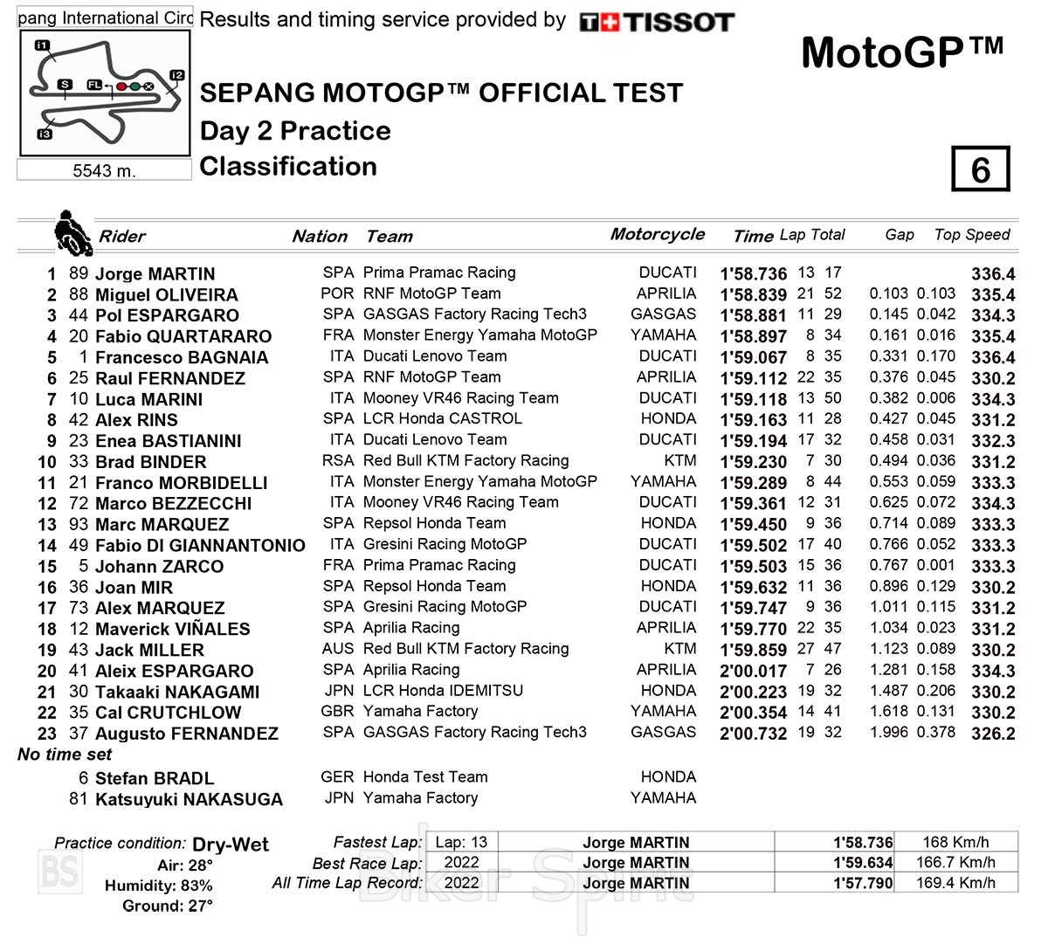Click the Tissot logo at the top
[x=657, y=22]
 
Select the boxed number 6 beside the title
[x=980, y=169]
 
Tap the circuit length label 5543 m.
[x=104, y=170]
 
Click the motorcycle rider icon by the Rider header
[x=72, y=233]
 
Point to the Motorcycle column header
[x=657, y=234]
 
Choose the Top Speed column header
[x=971, y=235]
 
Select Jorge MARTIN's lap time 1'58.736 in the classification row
[x=753, y=273]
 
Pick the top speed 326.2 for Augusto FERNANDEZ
[x=993, y=734]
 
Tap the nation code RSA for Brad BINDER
[x=338, y=460]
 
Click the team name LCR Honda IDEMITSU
[x=443, y=691]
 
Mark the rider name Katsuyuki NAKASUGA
[x=189, y=799]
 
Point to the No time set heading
[x=65, y=755]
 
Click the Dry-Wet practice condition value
[x=230, y=845]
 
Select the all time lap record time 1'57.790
[x=863, y=883]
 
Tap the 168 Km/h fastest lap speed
[x=955, y=843]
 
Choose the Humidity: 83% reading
[x=158, y=886]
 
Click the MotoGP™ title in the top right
[x=901, y=53]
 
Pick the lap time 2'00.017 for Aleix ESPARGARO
[x=753, y=671]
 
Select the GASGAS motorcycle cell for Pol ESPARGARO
[x=663, y=314]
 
